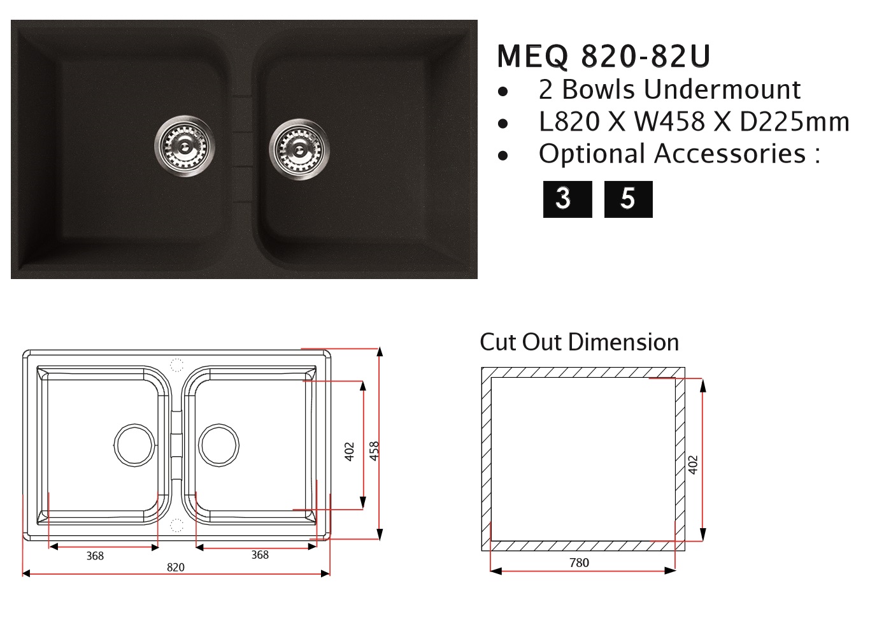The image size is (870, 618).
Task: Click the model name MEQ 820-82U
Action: click(x=604, y=57)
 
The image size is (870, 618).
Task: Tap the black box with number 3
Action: click(x=567, y=199)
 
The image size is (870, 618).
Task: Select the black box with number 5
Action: click(x=629, y=199)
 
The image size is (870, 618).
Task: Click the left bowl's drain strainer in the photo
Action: click(x=185, y=146)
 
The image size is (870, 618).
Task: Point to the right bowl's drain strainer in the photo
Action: click(x=299, y=150)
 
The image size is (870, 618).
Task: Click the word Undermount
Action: click(x=722, y=90)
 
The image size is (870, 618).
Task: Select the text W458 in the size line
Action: click(x=669, y=122)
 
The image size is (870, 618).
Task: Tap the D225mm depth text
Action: click(x=794, y=122)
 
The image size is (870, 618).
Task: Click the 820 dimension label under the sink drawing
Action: click(x=176, y=568)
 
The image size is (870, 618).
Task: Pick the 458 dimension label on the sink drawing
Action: click(x=374, y=451)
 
